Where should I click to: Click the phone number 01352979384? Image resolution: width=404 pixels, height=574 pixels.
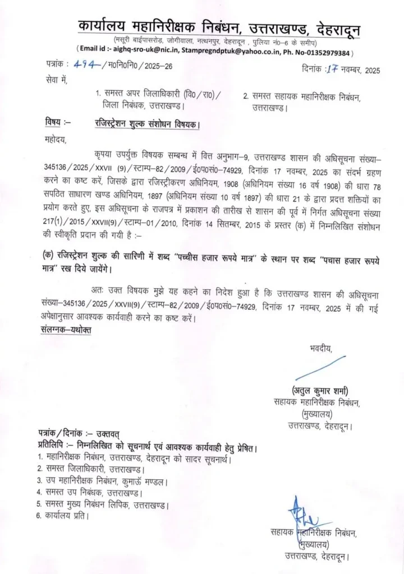[x=325, y=53]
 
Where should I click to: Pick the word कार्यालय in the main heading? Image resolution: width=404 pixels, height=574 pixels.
[x=103, y=26]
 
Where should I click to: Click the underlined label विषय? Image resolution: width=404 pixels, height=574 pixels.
[x=53, y=123]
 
